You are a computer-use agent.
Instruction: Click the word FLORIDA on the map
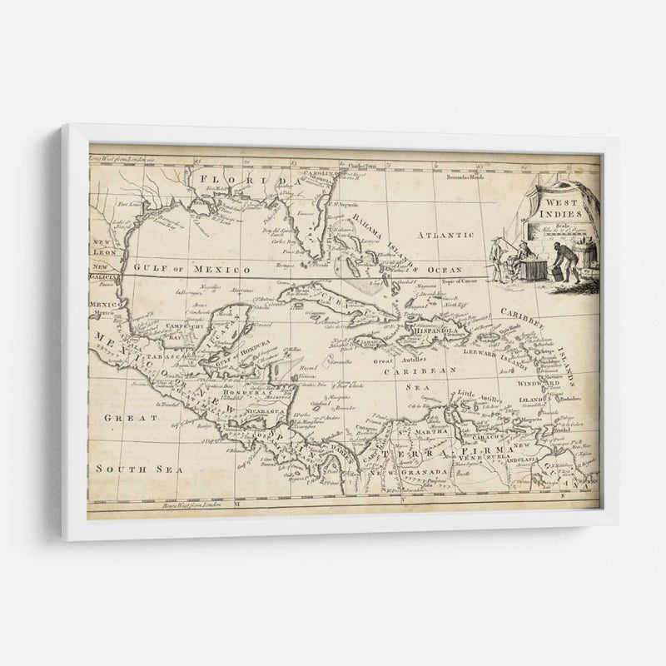242,179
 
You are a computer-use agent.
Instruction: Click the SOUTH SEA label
127,469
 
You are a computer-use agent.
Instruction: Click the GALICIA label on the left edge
105,279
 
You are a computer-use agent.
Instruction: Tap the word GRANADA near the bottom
425,470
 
